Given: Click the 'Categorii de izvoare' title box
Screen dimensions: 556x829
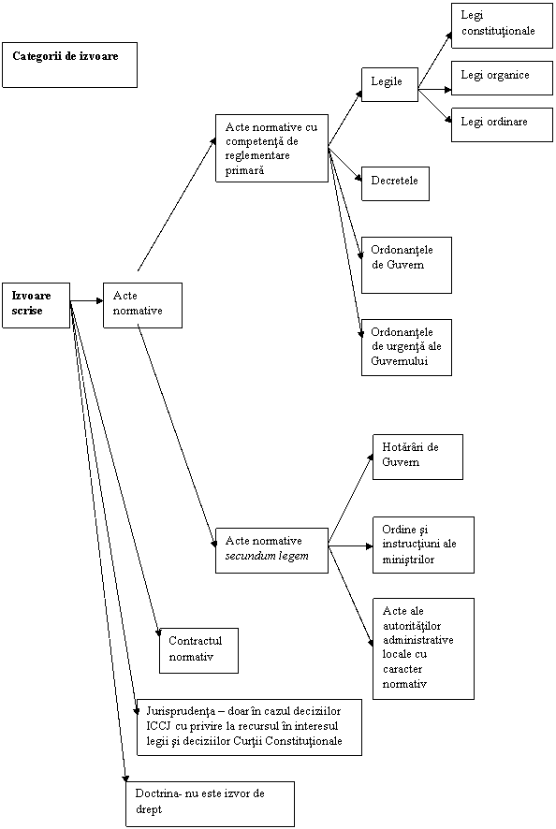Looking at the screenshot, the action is pos(70,65).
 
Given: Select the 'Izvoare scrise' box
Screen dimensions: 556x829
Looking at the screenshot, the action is pos(36,305).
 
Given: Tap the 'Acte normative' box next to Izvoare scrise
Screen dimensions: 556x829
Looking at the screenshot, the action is pos(143,305).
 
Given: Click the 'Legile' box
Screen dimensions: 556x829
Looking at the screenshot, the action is pos(390,84).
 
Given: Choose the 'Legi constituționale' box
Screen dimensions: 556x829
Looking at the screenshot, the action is pos(502,25).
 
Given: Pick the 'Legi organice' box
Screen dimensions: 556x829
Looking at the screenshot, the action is pos(502,78).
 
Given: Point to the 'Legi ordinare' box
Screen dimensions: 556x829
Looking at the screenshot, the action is pos(502,124).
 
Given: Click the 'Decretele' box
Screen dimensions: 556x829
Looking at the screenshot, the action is pos(395,183).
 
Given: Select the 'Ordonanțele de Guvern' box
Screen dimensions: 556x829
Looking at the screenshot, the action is pos(406,265).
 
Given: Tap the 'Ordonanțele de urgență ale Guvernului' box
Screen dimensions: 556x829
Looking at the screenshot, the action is pos(406,347).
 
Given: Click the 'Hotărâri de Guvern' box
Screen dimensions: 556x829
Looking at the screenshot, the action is pos(417,457).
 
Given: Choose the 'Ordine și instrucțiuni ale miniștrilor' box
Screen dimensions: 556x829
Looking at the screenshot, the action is pos(423,545).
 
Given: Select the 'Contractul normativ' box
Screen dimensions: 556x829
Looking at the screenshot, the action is pos(199,650).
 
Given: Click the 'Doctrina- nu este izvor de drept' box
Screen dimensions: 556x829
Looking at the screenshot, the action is pos(210,804).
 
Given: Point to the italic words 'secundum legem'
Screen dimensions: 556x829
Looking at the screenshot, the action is pos(267,556).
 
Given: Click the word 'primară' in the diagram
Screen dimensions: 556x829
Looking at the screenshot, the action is pos(244,170).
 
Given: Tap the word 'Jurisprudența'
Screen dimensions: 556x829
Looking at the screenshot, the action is pos(177,711).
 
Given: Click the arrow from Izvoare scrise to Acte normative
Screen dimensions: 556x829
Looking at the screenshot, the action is pos(87,301).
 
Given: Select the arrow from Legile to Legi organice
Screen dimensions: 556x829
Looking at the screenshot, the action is pos(435,90).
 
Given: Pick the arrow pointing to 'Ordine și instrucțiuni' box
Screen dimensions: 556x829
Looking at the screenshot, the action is pos(351,545).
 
